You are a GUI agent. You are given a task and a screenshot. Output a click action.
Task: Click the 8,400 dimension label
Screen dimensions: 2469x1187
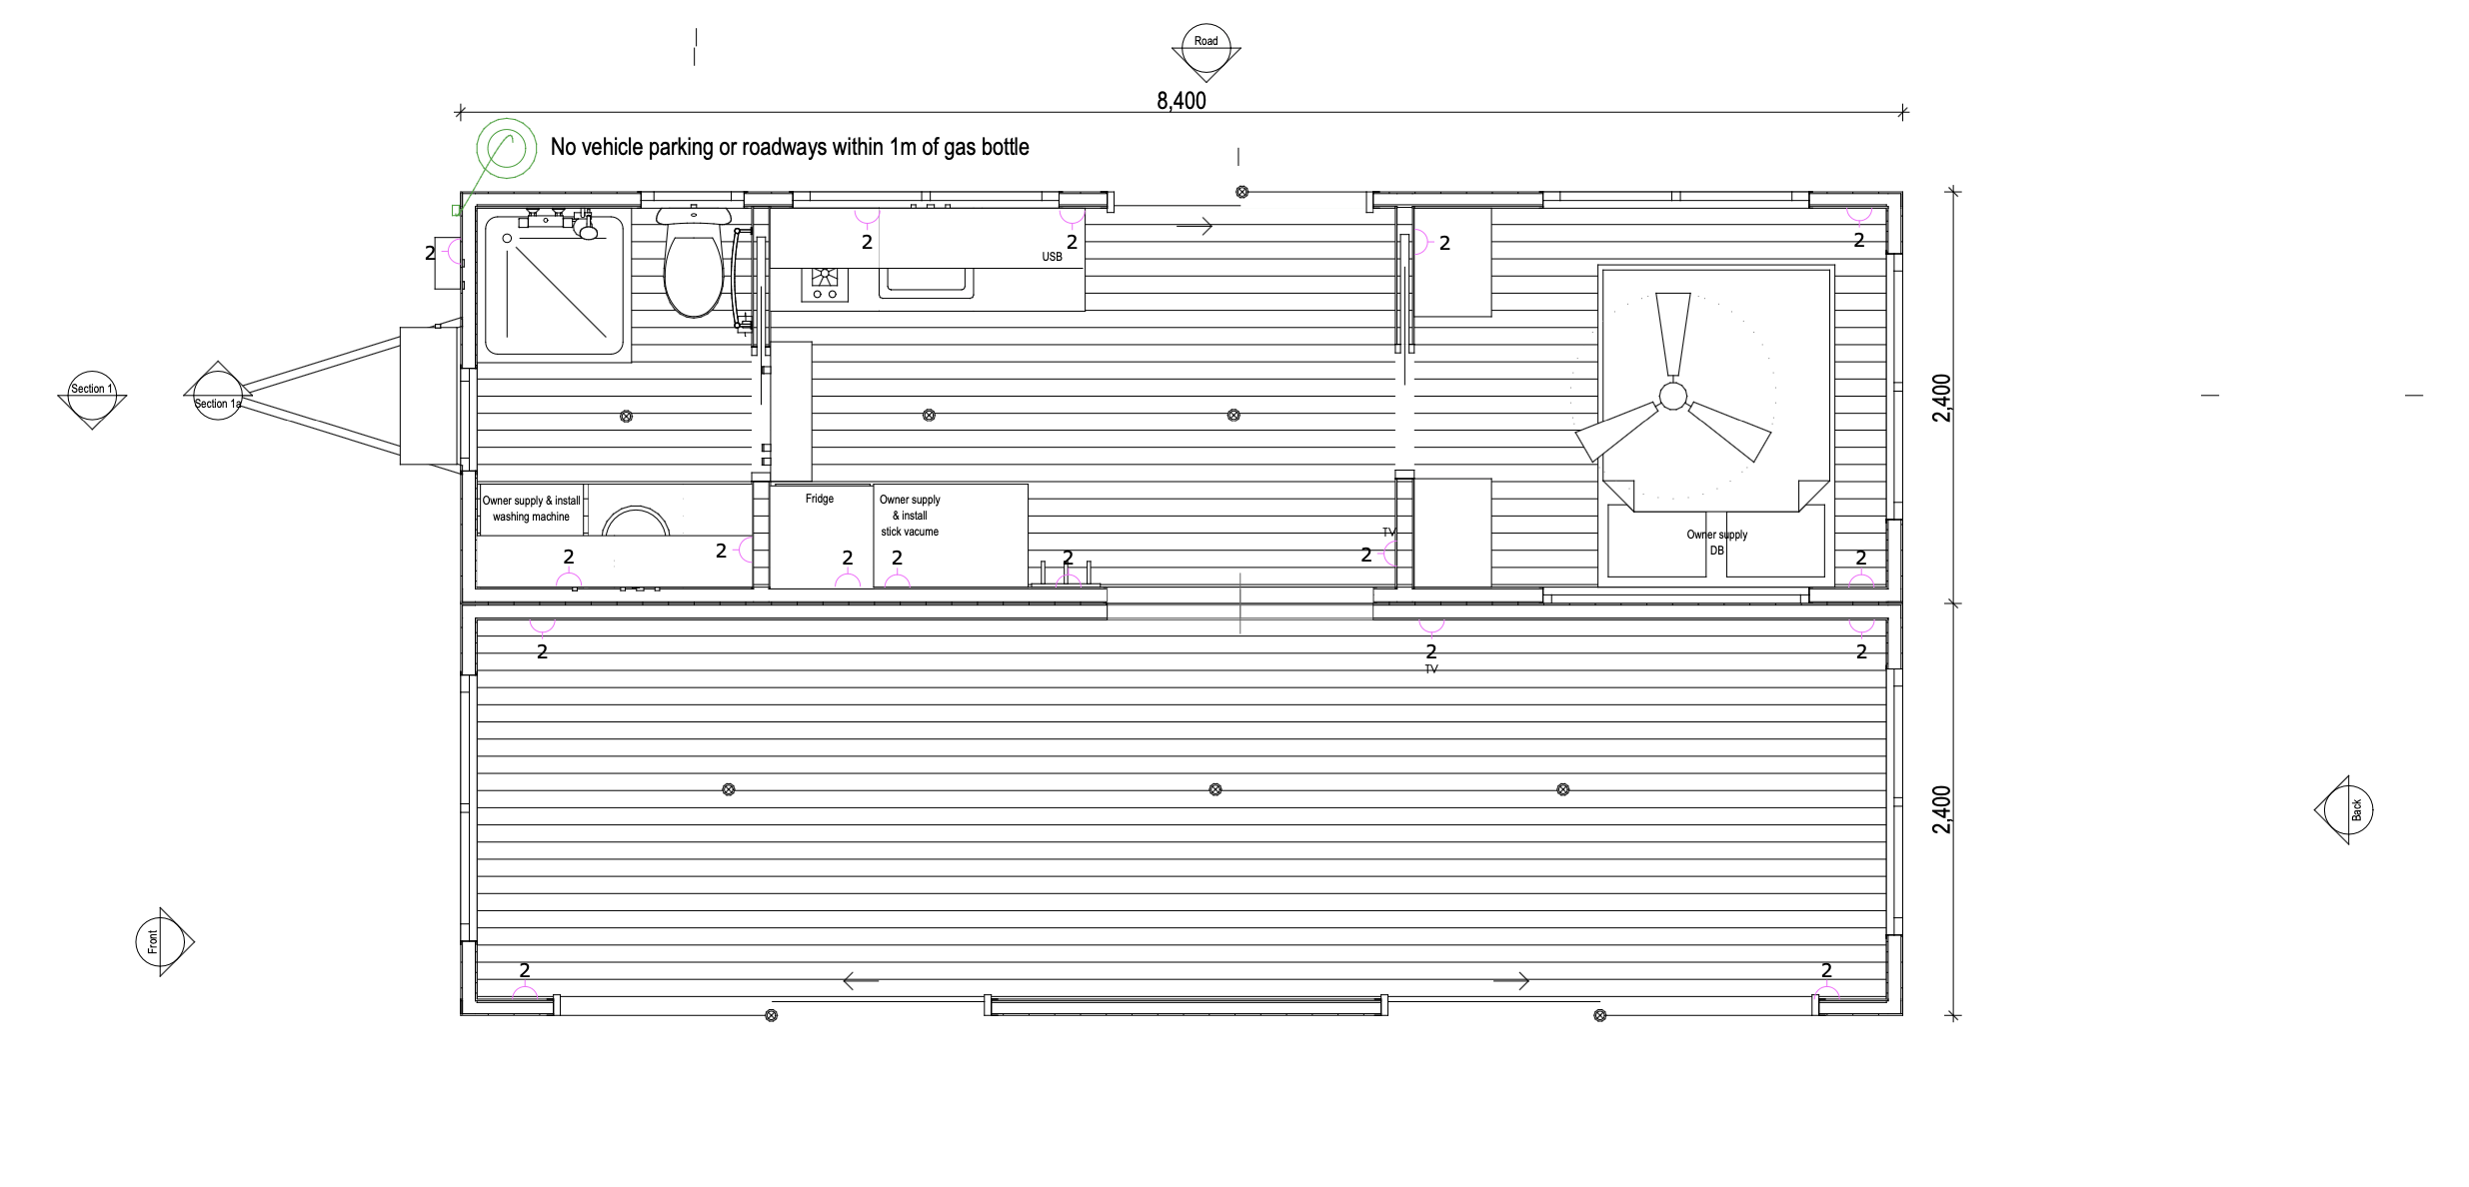tap(1182, 101)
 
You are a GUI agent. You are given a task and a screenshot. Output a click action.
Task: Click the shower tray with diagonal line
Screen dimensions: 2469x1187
tap(555, 286)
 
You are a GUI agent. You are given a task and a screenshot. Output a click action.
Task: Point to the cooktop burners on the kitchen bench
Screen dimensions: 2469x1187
tap(825, 283)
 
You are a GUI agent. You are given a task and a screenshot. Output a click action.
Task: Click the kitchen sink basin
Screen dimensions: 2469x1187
tap(926, 283)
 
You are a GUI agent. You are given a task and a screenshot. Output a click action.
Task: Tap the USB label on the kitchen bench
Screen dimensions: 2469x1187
tap(1052, 257)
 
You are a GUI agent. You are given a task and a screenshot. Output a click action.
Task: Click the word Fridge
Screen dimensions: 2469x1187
tap(820, 499)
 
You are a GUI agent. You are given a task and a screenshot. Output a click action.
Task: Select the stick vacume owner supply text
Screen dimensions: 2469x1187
tap(910, 516)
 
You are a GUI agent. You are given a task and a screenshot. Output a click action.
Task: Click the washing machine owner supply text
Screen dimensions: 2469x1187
tap(531, 509)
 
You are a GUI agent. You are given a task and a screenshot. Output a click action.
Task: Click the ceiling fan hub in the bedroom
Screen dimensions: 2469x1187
tap(1672, 397)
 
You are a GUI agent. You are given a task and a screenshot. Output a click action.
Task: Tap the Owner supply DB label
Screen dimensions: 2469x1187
tap(1717, 543)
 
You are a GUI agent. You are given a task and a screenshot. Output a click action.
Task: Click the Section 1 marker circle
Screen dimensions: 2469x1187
tap(92, 389)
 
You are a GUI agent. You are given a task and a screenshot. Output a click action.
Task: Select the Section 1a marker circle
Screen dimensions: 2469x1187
tap(217, 396)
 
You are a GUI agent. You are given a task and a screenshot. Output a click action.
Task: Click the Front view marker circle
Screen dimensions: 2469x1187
tap(160, 941)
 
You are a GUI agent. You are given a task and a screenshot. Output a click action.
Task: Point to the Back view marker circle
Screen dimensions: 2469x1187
tap(2349, 810)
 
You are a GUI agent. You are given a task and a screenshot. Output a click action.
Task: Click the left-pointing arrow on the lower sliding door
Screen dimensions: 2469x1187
tap(861, 981)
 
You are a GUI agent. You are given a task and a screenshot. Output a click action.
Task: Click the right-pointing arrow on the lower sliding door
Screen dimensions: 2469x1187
tap(1511, 981)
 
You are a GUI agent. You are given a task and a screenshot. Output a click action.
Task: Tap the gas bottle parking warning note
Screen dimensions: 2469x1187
tap(790, 147)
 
